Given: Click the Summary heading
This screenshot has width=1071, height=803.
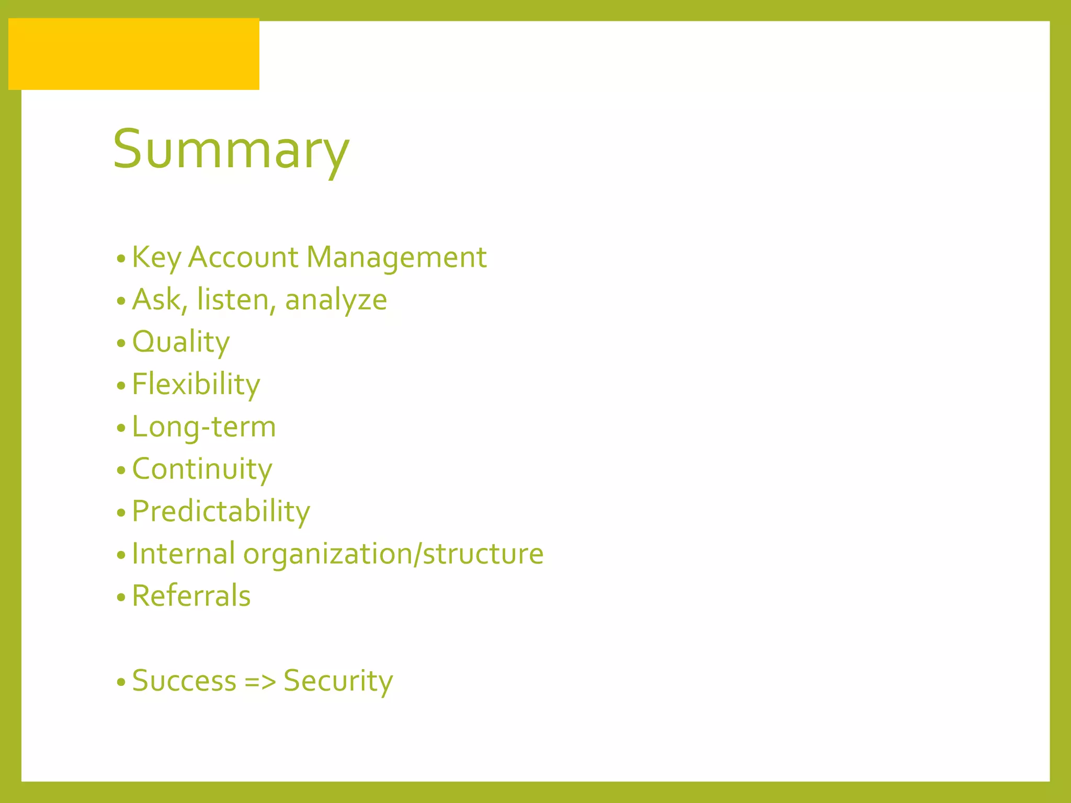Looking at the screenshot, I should [231, 150].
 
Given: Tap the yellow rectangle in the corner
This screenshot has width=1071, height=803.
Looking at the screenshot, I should [134, 54].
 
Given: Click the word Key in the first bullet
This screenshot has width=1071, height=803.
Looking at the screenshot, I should [156, 258].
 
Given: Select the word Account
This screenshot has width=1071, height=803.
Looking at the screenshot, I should [243, 258].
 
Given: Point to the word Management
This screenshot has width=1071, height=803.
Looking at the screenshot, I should [396, 258].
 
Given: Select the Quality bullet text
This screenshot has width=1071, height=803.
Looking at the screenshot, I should [181, 343].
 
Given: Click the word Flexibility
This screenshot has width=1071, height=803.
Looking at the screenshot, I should [196, 385].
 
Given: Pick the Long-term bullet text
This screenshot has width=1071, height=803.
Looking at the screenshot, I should [204, 427].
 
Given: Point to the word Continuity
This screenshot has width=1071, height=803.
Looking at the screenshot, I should [202, 469].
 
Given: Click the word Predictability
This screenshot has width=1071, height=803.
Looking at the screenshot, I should [221, 512].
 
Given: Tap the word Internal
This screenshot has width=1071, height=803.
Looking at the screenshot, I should [184, 554].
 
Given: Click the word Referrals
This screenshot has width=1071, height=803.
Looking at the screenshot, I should [191, 596].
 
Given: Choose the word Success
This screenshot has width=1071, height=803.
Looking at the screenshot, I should [185, 681].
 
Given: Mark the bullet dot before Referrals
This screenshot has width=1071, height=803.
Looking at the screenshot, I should [121, 597].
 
